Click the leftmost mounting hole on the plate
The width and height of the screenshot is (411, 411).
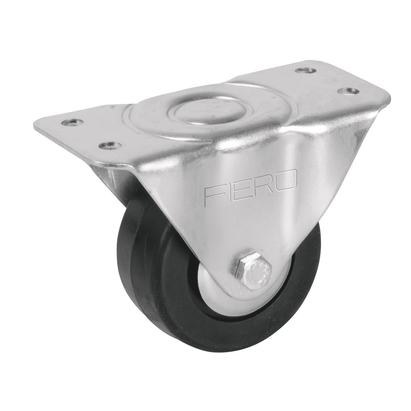[x=73, y=122]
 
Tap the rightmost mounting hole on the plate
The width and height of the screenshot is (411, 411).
[x=348, y=91]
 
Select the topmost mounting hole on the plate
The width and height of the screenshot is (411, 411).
[x=305, y=71]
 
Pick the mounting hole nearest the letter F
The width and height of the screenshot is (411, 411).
[x=110, y=145]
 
